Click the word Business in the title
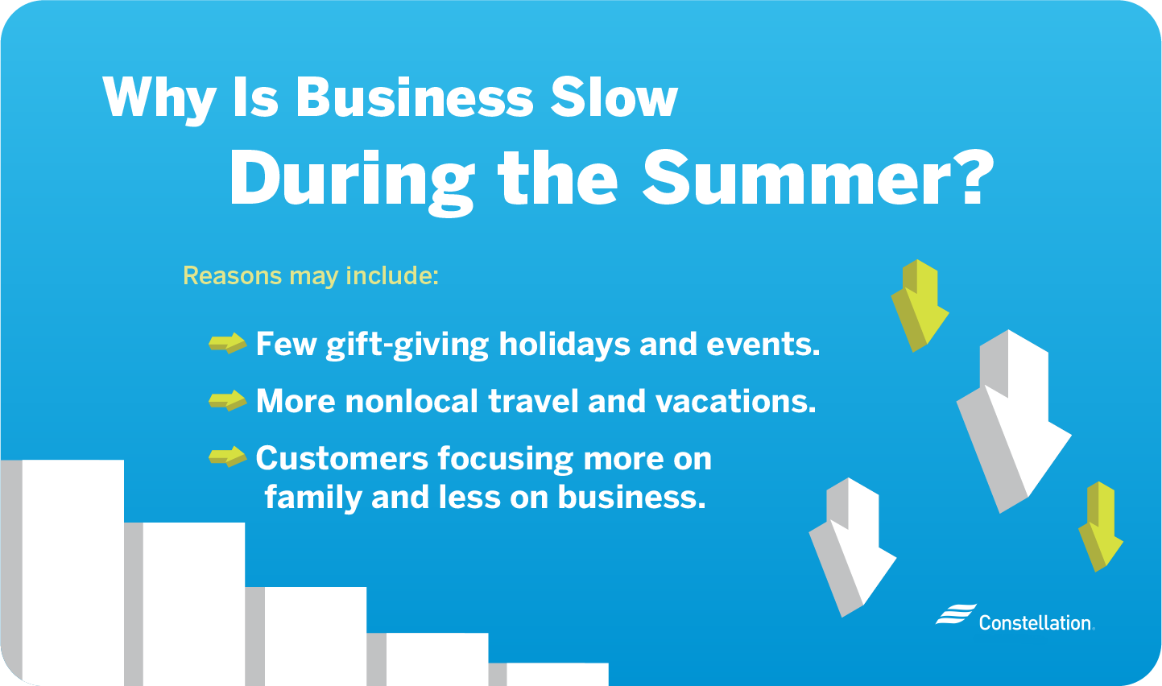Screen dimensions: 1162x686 tap(414, 97)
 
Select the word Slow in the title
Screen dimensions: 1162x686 tap(614, 97)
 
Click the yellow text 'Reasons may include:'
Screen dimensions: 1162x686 tap(311, 275)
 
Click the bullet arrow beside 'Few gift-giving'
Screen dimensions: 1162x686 tap(227, 343)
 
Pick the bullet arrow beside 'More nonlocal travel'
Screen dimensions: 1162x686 tap(227, 400)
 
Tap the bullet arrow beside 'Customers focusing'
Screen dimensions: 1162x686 tap(227, 457)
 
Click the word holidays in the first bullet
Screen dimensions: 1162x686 tap(564, 345)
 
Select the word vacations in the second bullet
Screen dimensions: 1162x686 tap(735, 401)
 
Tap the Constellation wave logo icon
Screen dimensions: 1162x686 tap(956, 614)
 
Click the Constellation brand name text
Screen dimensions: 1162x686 tap(1036, 622)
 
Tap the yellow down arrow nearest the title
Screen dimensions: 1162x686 tap(920, 306)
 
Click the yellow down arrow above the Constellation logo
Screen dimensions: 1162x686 tap(1100, 527)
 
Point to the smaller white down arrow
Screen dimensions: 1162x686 tap(852, 547)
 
